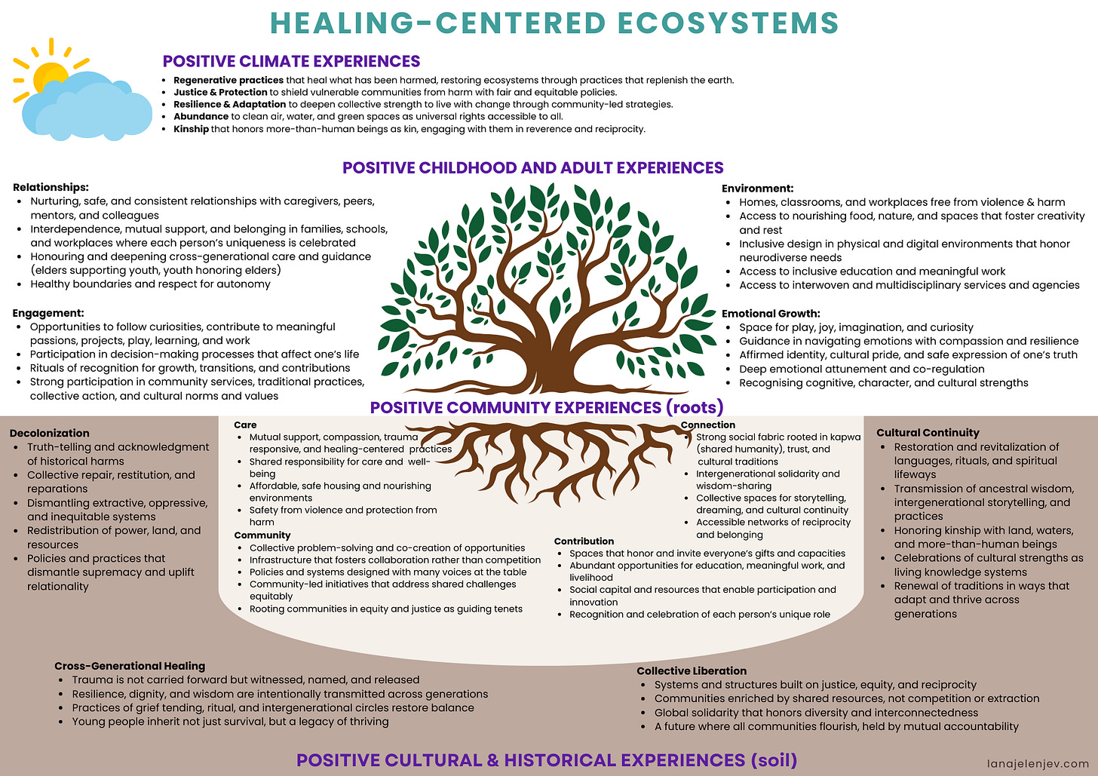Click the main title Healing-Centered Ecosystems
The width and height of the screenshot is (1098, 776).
click(554, 23)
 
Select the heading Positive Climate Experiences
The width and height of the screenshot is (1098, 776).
click(291, 61)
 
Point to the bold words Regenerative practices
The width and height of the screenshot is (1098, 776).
click(228, 80)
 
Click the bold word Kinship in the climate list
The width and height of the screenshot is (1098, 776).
click(191, 129)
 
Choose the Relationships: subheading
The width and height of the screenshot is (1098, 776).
click(51, 187)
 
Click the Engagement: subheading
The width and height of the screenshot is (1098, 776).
click(48, 313)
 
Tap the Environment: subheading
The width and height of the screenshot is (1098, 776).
click(757, 189)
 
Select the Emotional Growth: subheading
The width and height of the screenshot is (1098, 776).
click(771, 314)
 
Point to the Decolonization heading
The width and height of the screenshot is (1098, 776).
click(50, 433)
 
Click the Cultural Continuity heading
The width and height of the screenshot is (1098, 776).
click(928, 433)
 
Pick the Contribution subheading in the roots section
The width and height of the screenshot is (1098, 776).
click(584, 541)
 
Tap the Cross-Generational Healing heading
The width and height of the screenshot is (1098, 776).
click(130, 666)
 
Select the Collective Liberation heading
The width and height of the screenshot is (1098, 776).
click(692, 670)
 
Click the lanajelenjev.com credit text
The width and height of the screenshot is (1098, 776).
click(1038, 763)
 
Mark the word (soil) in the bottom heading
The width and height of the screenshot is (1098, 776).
click(774, 760)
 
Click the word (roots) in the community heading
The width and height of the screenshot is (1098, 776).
click(695, 407)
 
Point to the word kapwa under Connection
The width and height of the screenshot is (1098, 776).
click(846, 437)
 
